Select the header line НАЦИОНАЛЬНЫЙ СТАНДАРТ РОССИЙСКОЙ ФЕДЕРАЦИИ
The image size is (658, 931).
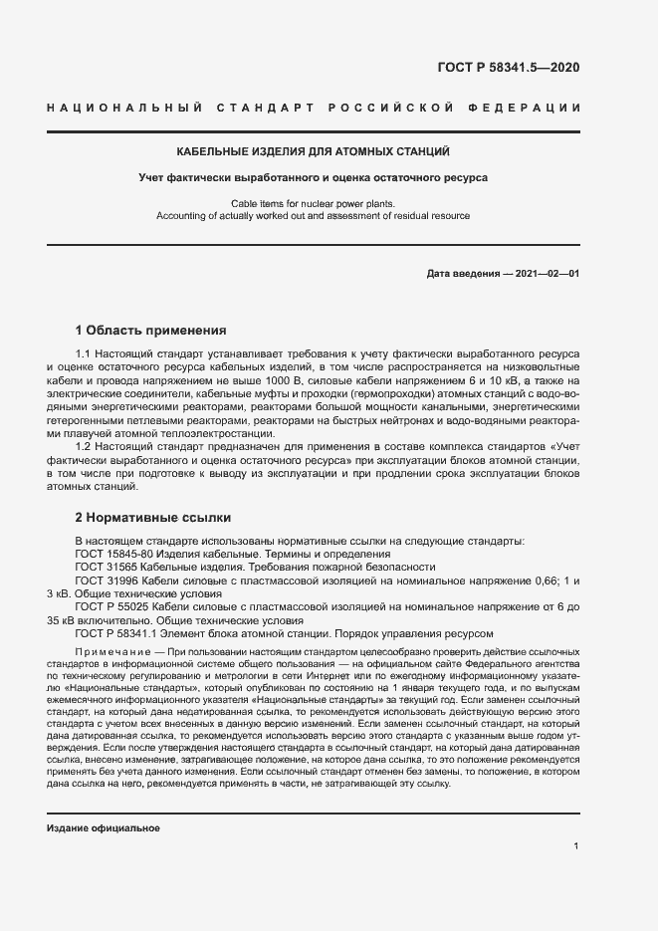point(313,108)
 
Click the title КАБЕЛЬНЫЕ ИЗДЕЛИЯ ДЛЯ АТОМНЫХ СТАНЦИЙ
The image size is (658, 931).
point(313,152)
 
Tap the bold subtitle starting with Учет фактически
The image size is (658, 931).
point(313,178)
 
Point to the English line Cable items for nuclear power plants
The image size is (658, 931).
point(313,204)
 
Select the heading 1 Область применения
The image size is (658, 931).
point(151,330)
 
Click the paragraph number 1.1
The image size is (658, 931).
point(84,355)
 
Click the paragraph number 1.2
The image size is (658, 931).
point(84,447)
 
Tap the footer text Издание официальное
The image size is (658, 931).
point(104,801)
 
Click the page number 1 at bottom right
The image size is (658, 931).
point(576,845)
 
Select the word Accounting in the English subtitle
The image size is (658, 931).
point(180,216)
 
